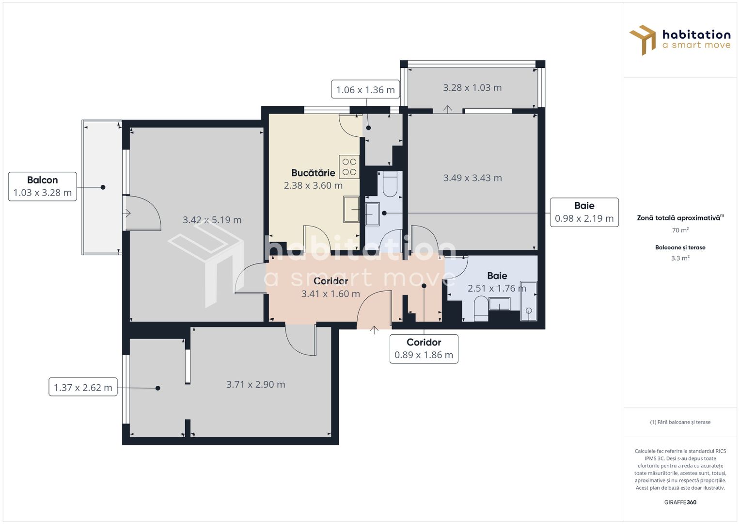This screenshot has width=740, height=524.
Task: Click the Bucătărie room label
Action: point(313,173)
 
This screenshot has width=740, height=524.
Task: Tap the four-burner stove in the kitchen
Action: point(349,167)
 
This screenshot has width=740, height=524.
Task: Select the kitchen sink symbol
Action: point(351,209)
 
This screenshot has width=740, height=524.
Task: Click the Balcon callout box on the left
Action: point(43,186)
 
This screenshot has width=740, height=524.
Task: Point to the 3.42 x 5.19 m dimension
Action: point(212,220)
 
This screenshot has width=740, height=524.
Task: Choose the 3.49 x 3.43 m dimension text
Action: point(472,178)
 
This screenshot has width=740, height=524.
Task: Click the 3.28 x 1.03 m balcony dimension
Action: point(472,88)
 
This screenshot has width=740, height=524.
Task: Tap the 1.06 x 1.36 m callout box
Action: point(365,90)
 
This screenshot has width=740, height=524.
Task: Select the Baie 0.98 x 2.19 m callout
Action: point(584,212)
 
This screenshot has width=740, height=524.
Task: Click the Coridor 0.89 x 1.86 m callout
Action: point(424,348)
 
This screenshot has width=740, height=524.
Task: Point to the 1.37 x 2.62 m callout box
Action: point(83,387)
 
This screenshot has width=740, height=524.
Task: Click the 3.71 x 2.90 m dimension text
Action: point(255,384)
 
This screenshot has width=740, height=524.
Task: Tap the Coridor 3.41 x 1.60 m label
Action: point(331,288)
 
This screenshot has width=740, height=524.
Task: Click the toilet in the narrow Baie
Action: point(390,184)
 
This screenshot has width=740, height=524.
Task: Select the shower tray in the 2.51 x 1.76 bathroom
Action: point(528,301)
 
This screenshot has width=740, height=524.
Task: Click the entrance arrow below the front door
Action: point(374,330)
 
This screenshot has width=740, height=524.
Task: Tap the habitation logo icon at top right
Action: point(643,40)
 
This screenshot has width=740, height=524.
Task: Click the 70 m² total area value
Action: point(680,230)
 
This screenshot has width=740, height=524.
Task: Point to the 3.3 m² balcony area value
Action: point(680,258)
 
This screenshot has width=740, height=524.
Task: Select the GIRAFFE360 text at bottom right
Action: point(680,502)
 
